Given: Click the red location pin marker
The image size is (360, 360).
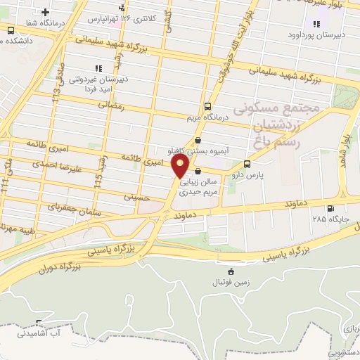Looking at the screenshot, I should (x=181, y=166).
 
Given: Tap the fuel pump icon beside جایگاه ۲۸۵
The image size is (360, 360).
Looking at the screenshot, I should (x=330, y=207).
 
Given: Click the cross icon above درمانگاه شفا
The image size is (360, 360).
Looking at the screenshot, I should (x=46, y=12).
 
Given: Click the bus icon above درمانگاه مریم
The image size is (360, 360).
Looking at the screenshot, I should (x=206, y=105).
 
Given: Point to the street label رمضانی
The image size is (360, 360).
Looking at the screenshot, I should (x=112, y=105).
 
